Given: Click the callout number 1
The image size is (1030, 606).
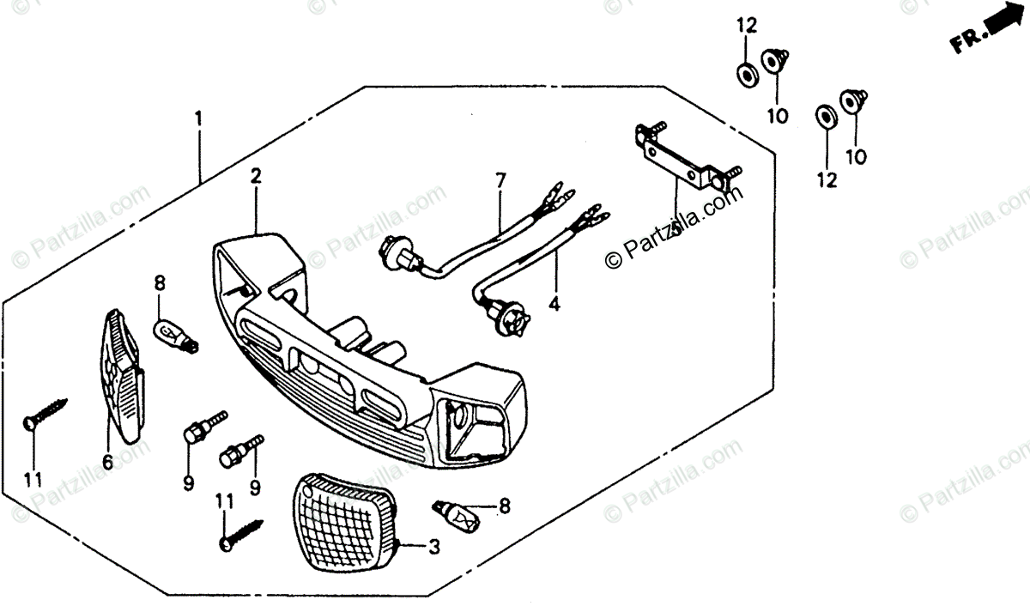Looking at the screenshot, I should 198,118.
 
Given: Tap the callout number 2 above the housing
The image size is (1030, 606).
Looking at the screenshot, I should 256,177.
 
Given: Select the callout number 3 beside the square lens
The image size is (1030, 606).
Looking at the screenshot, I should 434,546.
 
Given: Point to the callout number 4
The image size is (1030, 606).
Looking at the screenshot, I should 554,304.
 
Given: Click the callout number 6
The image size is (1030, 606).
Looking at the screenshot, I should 107,462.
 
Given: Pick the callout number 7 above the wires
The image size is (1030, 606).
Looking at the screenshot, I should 500,180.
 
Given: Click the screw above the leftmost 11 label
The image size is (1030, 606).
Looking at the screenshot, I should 43,415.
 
